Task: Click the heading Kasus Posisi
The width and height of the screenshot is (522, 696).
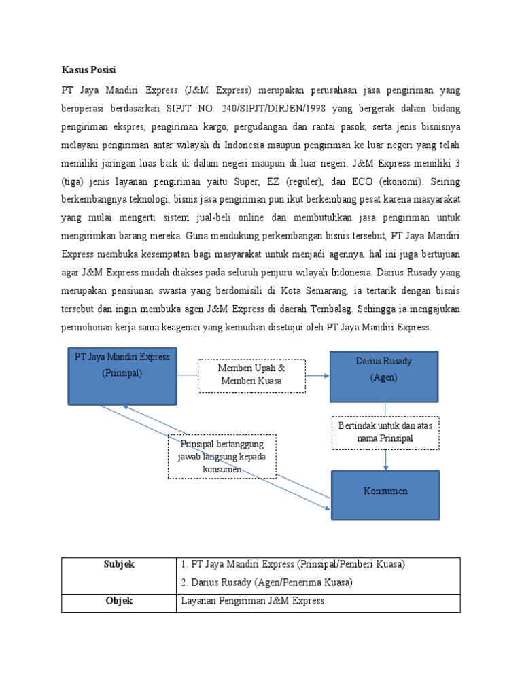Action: (x=90, y=70)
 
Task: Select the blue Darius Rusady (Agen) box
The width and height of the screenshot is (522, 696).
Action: (x=384, y=375)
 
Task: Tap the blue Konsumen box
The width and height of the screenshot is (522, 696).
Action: (x=385, y=494)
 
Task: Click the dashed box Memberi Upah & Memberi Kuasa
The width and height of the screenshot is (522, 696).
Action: (x=251, y=375)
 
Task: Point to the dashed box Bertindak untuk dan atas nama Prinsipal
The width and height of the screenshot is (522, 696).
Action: (x=385, y=432)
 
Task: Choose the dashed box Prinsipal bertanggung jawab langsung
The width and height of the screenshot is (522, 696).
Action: (x=222, y=456)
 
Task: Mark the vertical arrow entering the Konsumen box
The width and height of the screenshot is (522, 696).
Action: (x=386, y=463)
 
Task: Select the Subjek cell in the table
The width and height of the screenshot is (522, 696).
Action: (x=119, y=565)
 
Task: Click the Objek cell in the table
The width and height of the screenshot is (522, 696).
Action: (x=119, y=602)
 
